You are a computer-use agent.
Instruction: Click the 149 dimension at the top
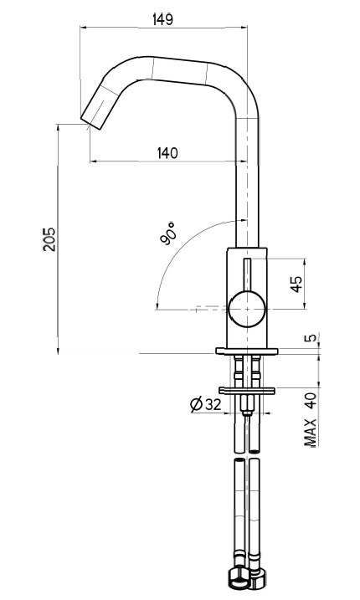click(162, 19)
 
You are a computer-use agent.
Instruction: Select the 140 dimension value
click(167, 152)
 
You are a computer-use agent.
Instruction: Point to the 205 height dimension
click(49, 239)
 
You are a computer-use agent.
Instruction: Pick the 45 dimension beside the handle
click(296, 285)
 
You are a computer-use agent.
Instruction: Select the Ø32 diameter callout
click(205, 405)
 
